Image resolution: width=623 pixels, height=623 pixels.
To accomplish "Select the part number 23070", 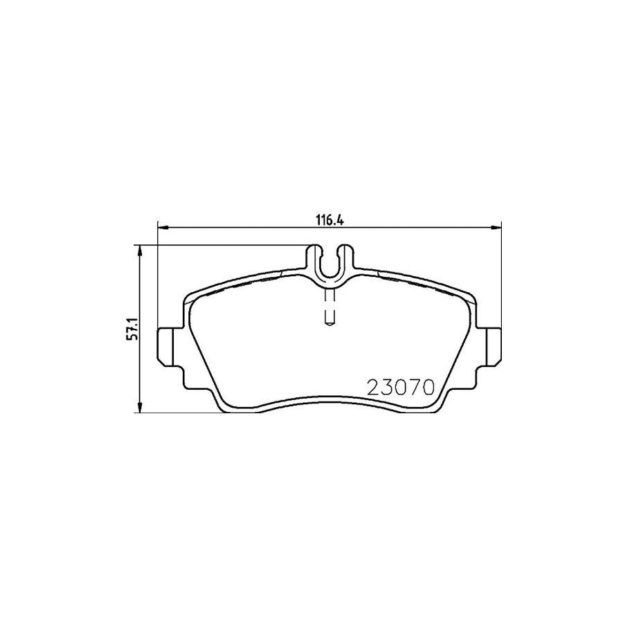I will point(400,387).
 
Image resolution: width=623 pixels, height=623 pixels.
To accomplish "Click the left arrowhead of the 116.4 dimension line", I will point(163,226).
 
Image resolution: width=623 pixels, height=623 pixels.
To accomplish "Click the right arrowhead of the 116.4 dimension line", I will point(496,226).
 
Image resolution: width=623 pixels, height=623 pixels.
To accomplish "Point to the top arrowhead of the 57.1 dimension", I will point(141,249).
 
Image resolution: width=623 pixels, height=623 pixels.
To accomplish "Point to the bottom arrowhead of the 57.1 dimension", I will point(141,408).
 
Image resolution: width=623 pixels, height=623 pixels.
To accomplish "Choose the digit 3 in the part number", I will point(387,387).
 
